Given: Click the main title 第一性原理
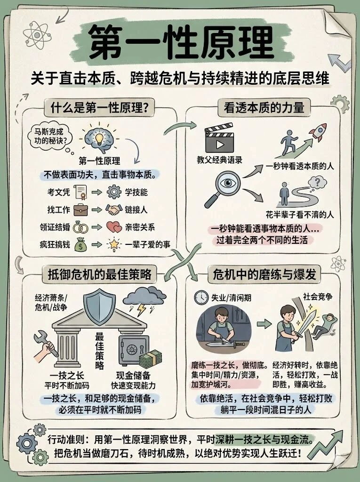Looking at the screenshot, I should [180, 44].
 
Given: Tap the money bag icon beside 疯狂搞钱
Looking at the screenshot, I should [80, 245].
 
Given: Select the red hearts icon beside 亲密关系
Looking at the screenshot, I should [114, 227].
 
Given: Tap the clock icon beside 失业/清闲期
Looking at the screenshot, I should [201, 297].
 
